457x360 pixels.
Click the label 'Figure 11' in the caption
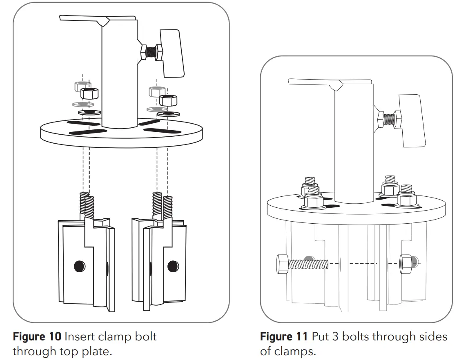coord(284,337)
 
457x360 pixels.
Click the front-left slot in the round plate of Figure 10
coord(86,131)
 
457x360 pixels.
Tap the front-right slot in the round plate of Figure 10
coord(163,131)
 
